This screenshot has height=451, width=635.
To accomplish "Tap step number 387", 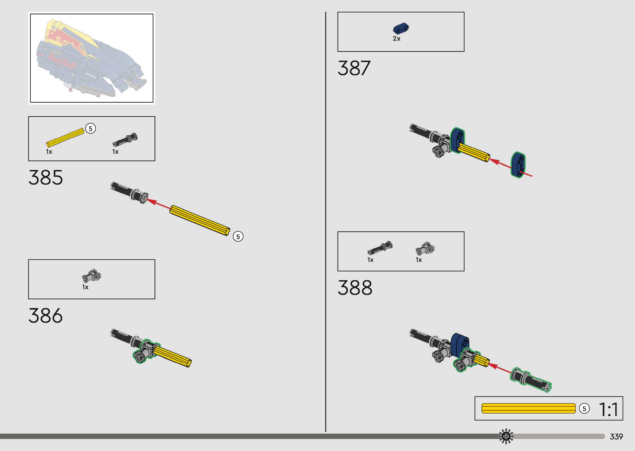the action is (354, 68).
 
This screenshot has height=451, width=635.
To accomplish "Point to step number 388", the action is (355, 288).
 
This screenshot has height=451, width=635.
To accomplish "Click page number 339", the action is (616, 436).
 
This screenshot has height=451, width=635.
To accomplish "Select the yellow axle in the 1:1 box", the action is (528, 408).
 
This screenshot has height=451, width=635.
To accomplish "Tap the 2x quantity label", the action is (396, 39).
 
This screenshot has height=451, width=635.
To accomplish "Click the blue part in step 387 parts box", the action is (401, 28).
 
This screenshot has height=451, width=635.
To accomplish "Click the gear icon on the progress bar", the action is (506, 436).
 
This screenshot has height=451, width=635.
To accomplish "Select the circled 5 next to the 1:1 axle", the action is (584, 408).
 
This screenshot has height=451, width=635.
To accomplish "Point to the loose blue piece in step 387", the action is (518, 164).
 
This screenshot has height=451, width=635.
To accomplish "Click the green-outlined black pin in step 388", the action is (531, 380).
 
